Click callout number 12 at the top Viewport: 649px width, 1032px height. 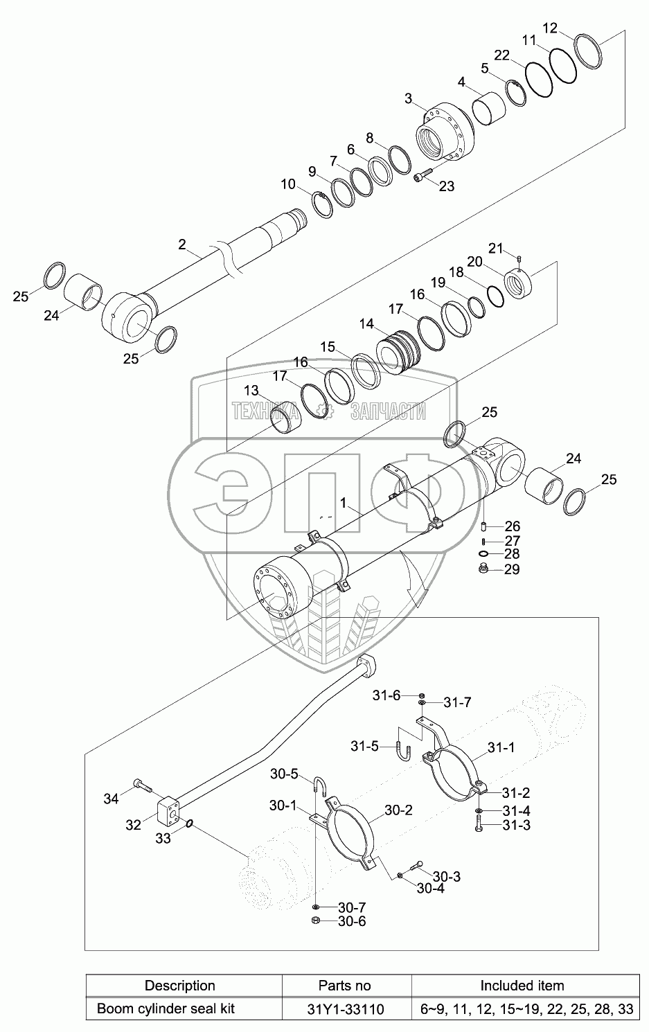(550, 28)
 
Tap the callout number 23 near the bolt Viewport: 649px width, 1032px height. (446, 186)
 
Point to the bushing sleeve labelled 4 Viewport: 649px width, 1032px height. (489, 109)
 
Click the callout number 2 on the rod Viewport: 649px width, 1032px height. (182, 244)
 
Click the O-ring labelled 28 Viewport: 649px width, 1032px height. (483, 554)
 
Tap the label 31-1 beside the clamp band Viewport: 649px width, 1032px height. (501, 747)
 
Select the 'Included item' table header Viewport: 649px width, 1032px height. (522, 986)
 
